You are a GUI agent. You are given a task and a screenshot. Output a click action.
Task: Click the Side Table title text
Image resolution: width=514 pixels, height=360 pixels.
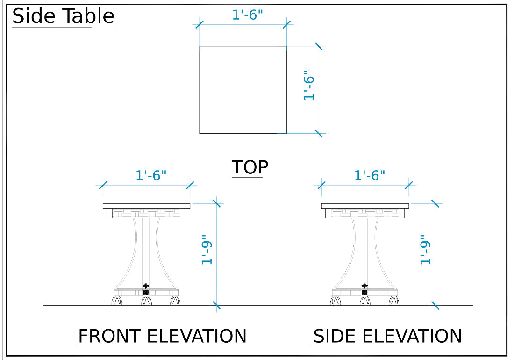click(63, 16)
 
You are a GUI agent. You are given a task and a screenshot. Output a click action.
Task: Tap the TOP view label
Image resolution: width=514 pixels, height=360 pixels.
click(250, 167)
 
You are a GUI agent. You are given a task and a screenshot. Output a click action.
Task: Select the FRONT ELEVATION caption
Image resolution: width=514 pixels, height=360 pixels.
click(162, 336)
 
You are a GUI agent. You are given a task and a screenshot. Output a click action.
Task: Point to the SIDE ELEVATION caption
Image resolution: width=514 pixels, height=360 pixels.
click(387, 336)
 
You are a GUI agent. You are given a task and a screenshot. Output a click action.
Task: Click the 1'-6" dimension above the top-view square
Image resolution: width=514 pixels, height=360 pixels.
click(248, 15)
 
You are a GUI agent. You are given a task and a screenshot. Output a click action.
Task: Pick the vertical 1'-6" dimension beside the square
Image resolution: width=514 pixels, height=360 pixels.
click(309, 85)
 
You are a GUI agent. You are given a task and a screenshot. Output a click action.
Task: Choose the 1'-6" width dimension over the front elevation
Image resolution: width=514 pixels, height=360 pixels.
click(151, 176)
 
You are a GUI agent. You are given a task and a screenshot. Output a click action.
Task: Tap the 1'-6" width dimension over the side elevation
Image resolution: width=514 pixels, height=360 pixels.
click(370, 176)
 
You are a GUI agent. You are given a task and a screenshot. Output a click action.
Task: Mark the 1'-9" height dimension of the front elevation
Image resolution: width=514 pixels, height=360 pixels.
click(207, 252)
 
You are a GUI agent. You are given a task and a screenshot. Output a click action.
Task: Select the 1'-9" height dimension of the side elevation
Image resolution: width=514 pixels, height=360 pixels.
click(425, 252)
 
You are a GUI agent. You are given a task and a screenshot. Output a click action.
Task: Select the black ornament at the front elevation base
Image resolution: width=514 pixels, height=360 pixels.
click(146, 286)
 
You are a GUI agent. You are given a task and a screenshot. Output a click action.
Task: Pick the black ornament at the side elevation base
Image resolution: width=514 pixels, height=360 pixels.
click(365, 286)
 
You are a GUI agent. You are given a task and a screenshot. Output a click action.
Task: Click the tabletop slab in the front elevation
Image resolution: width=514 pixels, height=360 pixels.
click(146, 206)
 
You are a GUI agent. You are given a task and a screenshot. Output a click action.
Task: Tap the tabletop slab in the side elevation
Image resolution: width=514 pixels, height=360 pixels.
click(365, 206)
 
